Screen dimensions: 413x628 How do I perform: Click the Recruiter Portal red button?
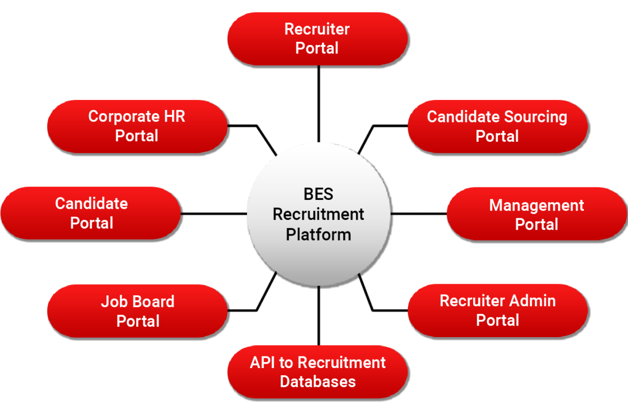317,39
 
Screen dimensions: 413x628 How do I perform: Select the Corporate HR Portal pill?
137,126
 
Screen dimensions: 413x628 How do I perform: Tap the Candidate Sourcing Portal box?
497,126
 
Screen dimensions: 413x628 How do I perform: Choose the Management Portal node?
536,214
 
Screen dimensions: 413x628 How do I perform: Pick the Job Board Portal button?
137,311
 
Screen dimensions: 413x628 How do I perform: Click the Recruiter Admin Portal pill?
497,310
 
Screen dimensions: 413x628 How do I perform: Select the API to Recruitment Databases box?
317,372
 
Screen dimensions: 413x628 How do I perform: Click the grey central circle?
318,262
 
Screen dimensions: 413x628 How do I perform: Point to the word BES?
318,194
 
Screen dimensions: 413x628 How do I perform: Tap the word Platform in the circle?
318,234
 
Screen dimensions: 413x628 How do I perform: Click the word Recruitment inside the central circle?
318,214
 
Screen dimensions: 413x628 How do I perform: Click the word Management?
536,205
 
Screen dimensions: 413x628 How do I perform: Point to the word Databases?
318,382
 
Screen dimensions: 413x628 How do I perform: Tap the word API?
262,363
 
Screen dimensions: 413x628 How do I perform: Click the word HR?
174,116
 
